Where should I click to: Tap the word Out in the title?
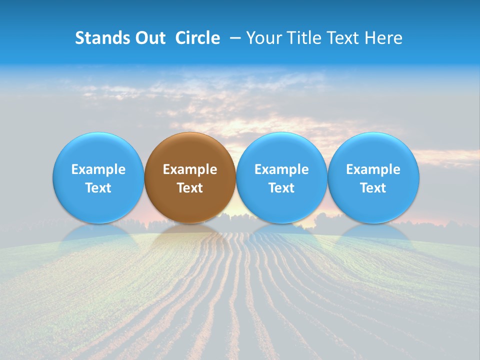click(x=149, y=38)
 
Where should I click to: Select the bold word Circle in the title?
click(x=197, y=38)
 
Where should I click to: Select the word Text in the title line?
click(x=344, y=38)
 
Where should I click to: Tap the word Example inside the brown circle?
click(x=190, y=169)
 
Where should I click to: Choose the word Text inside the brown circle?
click(x=190, y=188)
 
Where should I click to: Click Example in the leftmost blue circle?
click(x=98, y=169)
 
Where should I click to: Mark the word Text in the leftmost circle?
click(x=98, y=188)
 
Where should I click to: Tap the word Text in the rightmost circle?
click(x=373, y=188)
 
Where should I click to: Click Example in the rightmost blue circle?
click(x=373, y=169)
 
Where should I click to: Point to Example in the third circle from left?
click(x=281, y=169)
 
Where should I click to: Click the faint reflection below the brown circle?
click(x=190, y=237)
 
